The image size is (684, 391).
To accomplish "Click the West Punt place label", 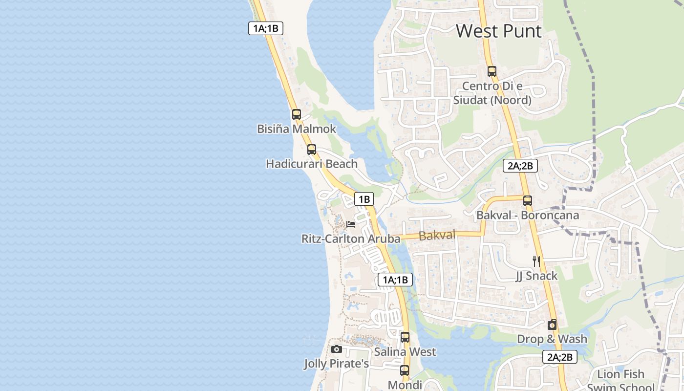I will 499,31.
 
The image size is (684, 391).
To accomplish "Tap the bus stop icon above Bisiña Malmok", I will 297,114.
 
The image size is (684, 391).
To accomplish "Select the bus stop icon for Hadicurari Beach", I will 312,150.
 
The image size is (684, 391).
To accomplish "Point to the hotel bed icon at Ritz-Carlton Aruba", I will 351,224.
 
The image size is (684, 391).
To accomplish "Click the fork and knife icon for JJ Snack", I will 536,261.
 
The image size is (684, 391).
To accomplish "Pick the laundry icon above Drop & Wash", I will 552,325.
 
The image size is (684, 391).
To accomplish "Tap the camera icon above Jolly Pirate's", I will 337,349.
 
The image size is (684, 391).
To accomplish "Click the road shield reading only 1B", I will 364,199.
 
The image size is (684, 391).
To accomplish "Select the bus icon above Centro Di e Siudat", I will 492,71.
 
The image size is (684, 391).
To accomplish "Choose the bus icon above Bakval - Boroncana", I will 528,200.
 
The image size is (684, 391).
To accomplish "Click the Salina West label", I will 405,352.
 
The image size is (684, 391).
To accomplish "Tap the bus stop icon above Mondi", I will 405,370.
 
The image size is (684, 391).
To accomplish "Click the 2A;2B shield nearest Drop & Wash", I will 560,357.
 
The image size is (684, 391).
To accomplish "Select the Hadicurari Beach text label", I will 312,164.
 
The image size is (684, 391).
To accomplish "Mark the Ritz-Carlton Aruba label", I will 351,239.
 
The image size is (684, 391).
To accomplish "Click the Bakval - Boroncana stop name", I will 528,215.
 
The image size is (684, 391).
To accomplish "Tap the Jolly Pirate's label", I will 336,364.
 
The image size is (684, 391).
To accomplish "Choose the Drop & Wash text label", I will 552,339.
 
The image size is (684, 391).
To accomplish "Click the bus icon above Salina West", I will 405,337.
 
